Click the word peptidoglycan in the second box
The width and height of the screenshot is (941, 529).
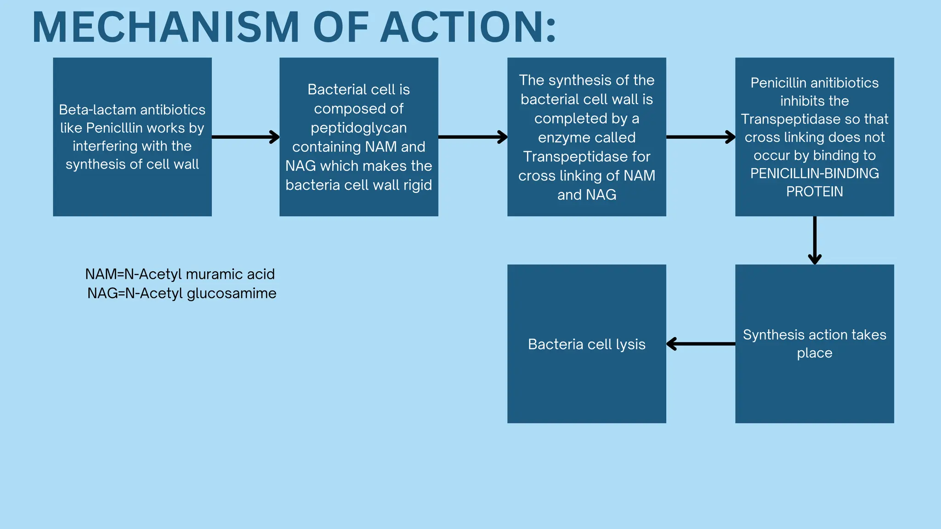coord(358,128)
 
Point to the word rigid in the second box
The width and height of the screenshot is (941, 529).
coord(418,185)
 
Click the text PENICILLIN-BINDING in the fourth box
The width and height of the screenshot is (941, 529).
coord(814,174)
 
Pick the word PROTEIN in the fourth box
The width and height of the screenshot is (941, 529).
coord(814,191)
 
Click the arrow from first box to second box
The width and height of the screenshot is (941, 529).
coord(245,137)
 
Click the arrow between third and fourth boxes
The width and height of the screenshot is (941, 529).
coord(700,137)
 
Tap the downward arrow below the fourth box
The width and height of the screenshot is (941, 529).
coord(815,240)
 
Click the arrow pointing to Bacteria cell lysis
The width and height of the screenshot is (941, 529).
coord(700,343)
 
